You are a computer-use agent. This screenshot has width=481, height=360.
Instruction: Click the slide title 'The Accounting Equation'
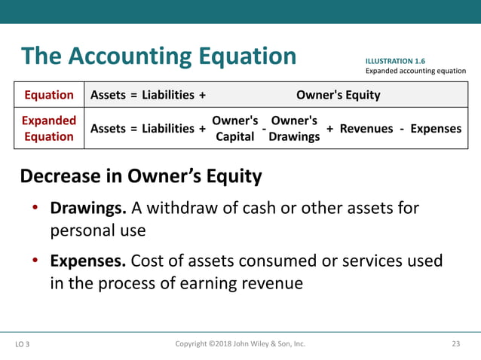pyautogui.click(x=159, y=56)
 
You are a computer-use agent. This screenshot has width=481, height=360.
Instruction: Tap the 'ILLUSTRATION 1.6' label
pyautogui.click(x=400, y=60)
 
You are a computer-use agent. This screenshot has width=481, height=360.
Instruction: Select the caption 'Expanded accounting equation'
pyautogui.click(x=415, y=71)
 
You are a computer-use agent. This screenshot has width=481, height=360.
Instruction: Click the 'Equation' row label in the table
pyautogui.click(x=49, y=95)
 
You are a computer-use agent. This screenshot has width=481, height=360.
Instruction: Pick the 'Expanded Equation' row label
pyautogui.click(x=49, y=129)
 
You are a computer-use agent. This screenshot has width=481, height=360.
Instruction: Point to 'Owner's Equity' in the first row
pyautogui.click(x=338, y=95)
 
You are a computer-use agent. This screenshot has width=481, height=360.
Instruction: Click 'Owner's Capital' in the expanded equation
pyautogui.click(x=234, y=129)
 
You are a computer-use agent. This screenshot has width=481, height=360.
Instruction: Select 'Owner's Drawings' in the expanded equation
pyautogui.click(x=294, y=129)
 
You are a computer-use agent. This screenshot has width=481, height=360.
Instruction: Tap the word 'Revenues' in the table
pyautogui.click(x=366, y=129)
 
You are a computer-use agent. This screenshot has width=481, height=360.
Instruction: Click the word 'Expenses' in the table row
pyautogui.click(x=436, y=129)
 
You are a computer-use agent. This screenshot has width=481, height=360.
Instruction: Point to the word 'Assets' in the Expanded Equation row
pyautogui.click(x=109, y=129)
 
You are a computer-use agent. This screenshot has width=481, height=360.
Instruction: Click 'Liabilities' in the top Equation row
pyautogui.click(x=169, y=95)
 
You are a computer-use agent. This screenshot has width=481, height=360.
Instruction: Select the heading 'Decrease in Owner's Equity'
pyautogui.click(x=141, y=176)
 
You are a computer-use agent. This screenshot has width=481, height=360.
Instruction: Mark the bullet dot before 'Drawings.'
pyautogui.click(x=35, y=208)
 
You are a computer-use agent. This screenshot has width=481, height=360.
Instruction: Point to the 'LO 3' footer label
pyautogui.click(x=24, y=345)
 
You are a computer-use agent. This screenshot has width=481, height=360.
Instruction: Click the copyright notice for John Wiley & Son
pyautogui.click(x=240, y=344)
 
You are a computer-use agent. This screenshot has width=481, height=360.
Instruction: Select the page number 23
pyautogui.click(x=455, y=344)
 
